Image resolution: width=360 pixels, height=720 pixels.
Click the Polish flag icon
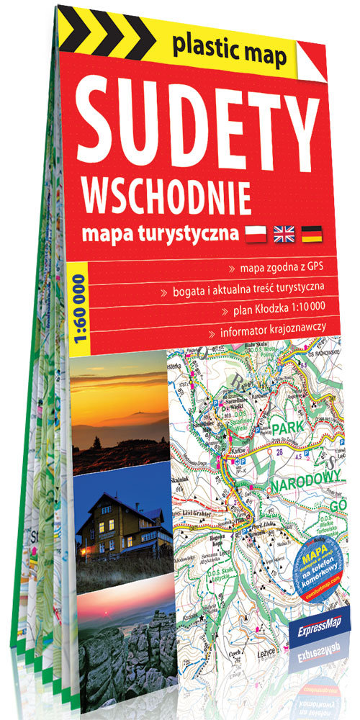[x=256, y=232]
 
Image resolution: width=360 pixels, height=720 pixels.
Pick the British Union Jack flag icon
[x=284, y=233]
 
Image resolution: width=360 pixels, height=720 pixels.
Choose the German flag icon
[x=312, y=233]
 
